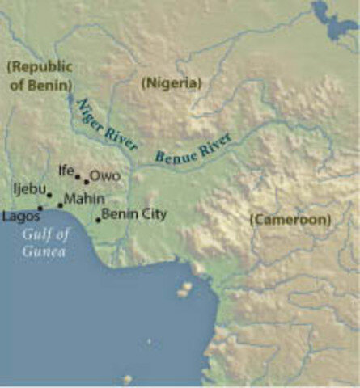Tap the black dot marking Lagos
pyautogui.click(x=40, y=209)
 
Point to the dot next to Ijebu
pyautogui.click(x=49, y=195)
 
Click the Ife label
pyautogui.click(x=66, y=171)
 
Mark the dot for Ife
pyautogui.click(x=78, y=176)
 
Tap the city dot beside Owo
pyautogui.click(x=87, y=182)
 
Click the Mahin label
pyautogui.click(x=84, y=199)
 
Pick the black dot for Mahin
pyautogui.click(x=60, y=205)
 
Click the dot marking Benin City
pyautogui.click(x=98, y=220)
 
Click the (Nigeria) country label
pyautogui.click(x=171, y=82)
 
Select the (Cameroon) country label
pyautogui.click(x=290, y=219)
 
